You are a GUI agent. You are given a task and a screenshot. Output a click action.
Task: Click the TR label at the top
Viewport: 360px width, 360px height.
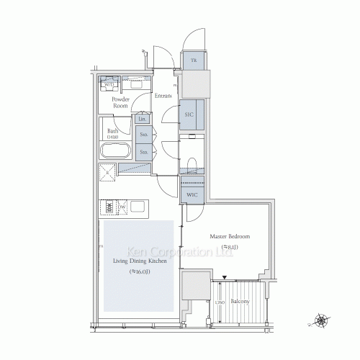(x=193, y=60)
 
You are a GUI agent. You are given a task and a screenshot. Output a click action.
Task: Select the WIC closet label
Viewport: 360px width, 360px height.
(x=192, y=195)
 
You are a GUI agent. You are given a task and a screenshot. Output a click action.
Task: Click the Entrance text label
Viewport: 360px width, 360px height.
(x=164, y=96)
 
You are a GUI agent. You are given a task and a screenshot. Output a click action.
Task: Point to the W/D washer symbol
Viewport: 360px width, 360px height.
(x=109, y=84)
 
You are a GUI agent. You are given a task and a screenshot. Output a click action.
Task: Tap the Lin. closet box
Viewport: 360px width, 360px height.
(x=143, y=118)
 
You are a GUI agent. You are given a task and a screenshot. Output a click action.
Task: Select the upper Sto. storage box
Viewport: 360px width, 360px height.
(x=143, y=135)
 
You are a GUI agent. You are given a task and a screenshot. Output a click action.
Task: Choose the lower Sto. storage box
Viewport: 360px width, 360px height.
(x=143, y=152)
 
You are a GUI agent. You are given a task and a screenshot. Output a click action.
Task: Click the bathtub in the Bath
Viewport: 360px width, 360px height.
(x=114, y=152)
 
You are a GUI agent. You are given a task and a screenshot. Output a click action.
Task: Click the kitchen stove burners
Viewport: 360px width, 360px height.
(x=110, y=207)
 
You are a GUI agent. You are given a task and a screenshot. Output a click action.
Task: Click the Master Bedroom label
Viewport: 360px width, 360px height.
(x=230, y=237)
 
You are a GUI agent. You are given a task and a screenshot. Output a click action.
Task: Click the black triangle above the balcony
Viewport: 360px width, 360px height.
(x=225, y=277)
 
